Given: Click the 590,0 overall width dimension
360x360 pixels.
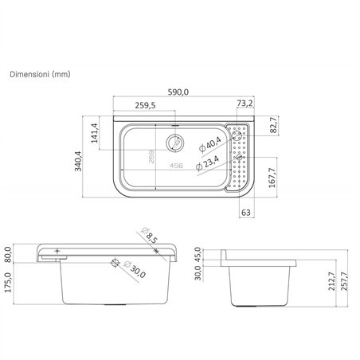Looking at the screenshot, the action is point(178,92).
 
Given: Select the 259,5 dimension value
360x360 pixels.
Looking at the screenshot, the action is point(145,105).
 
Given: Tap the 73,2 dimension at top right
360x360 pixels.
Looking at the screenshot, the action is point(245,103).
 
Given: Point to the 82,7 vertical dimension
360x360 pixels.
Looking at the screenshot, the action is point(274,125).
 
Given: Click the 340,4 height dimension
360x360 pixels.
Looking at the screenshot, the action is point(78,161).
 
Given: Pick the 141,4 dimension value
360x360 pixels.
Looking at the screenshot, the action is point(95,133).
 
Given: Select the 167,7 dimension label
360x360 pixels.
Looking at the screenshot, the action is point(272,178).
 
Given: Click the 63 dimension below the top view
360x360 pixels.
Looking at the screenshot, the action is point(246,213).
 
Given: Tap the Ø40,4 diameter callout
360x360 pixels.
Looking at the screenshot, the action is point(210,144).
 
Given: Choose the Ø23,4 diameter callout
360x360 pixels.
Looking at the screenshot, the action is point(207,163).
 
